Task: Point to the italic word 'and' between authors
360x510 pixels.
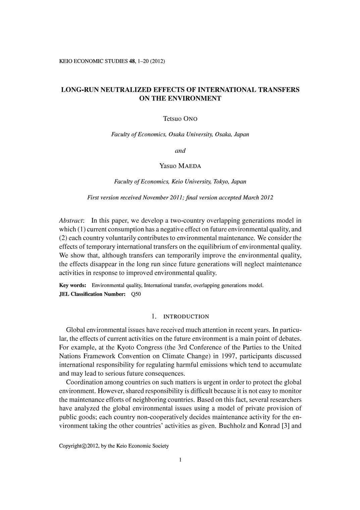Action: (x=180, y=150)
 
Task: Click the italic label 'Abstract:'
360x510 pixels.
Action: (x=71, y=221)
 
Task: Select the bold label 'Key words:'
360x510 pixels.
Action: (x=73, y=285)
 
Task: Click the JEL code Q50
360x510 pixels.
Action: (x=136, y=294)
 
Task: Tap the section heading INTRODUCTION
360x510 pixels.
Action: (x=186, y=317)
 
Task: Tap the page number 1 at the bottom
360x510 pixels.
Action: (x=180, y=460)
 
